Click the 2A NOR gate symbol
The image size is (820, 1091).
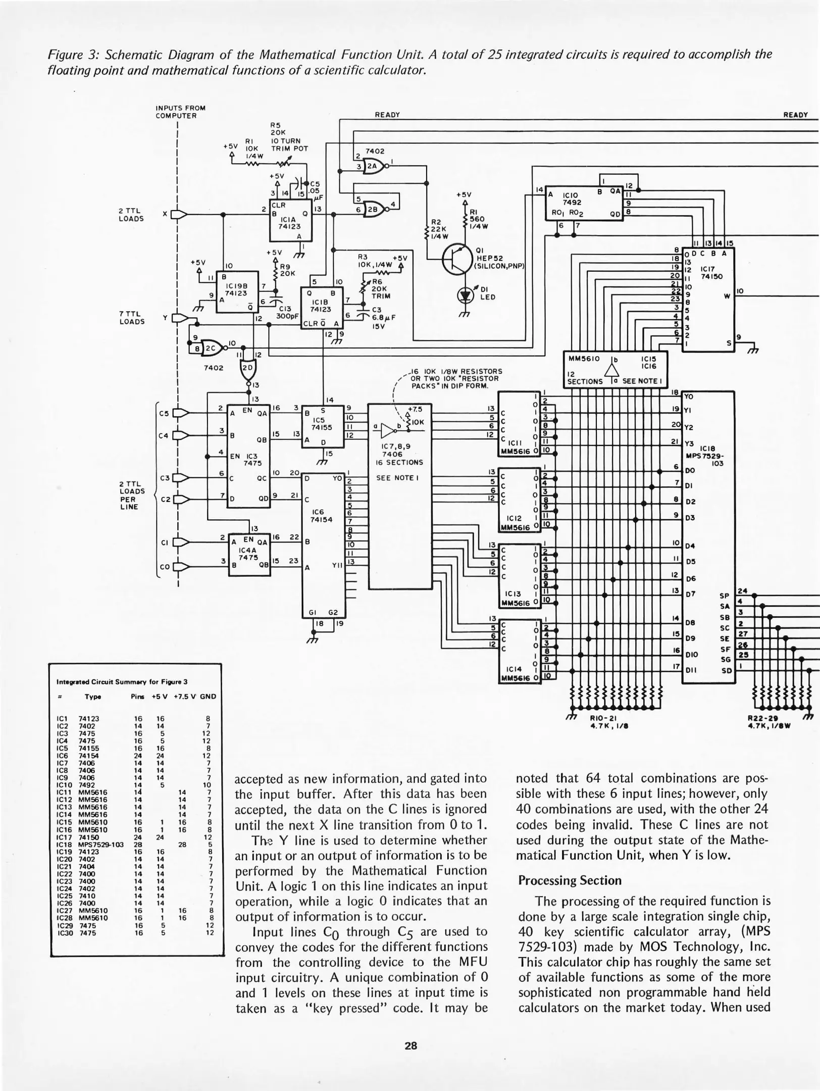point(374,165)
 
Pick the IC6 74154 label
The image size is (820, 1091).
point(321,515)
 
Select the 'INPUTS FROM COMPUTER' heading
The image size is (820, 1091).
point(180,112)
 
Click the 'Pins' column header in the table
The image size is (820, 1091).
point(137,697)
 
